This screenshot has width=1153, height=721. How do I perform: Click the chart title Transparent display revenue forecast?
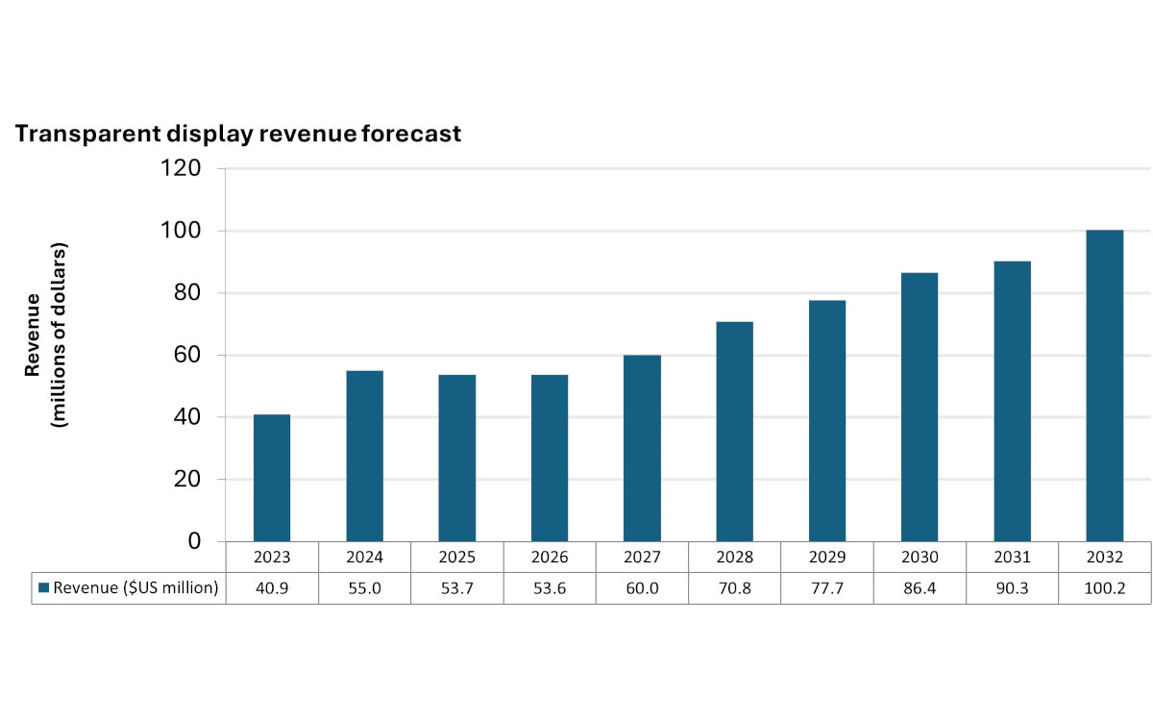point(238,134)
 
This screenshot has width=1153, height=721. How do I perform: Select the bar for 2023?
point(272,478)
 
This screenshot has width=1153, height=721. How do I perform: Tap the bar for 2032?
point(1104,385)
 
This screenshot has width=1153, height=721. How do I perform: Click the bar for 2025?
point(457,458)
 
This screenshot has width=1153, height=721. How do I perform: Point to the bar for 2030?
point(920,407)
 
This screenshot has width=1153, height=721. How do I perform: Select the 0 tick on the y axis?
point(194,542)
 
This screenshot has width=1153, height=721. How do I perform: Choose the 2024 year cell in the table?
point(365,558)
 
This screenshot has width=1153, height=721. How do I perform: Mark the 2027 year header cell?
point(642,558)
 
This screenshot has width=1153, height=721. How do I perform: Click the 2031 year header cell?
point(1012,558)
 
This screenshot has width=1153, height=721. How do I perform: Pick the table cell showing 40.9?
point(272,588)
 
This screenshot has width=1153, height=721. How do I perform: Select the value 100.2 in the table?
point(1104,588)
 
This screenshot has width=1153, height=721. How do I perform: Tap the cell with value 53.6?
point(550,588)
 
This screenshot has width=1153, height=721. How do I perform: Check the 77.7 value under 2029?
point(827,588)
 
